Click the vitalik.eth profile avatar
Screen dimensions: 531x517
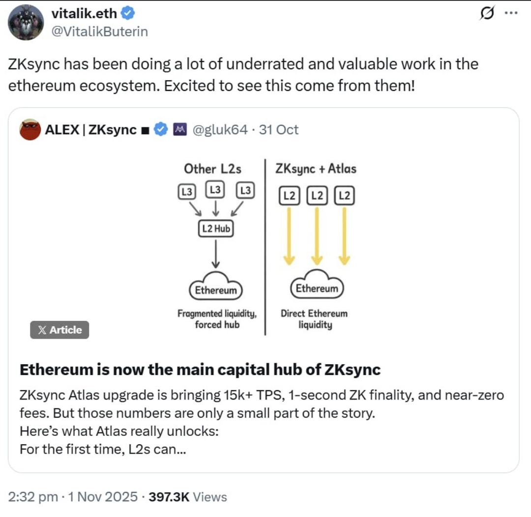click(x=26, y=22)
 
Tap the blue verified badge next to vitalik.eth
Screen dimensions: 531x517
click(x=128, y=14)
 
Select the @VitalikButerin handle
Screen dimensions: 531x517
click(x=99, y=31)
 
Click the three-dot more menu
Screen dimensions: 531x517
click(x=511, y=13)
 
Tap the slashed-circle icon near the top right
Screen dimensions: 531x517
click(x=487, y=13)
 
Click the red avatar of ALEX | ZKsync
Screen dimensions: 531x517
click(x=30, y=129)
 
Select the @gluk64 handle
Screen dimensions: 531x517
click(x=220, y=130)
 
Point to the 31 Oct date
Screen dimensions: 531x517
click(x=279, y=130)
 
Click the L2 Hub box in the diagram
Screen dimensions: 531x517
click(x=216, y=229)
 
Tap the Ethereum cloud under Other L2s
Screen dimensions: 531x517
click(x=216, y=287)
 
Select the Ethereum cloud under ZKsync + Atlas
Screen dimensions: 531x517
click(x=317, y=285)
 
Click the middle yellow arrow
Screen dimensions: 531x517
click(x=317, y=236)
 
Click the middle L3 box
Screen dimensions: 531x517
click(x=215, y=190)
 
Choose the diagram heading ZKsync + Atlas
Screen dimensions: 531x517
click(x=316, y=169)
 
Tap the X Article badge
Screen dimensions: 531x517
click(x=59, y=330)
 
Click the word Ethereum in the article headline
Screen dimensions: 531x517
click(x=56, y=370)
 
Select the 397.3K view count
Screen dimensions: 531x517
click(x=169, y=497)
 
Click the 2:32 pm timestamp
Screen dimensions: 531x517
click(x=33, y=497)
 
